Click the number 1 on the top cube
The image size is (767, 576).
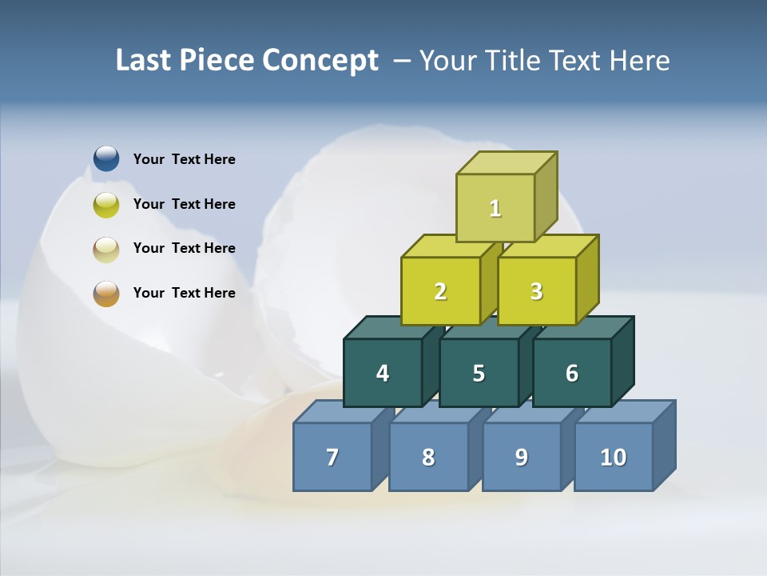495,208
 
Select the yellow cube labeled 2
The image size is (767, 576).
440,291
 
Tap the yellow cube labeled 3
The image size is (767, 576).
536,291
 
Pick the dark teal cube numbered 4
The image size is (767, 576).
383,373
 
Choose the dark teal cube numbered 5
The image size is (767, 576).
479,373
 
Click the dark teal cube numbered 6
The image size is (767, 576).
571,373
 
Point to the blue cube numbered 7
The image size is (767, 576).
332,457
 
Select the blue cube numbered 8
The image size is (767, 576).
428,457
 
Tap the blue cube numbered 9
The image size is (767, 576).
521,457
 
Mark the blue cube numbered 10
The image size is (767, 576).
613,457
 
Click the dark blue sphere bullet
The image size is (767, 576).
106,158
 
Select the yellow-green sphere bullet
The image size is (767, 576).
106,204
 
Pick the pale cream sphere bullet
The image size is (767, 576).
106,249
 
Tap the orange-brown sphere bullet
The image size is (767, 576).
106,294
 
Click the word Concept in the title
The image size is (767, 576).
320,61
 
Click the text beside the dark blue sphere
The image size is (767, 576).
185,159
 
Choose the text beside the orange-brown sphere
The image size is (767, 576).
185,293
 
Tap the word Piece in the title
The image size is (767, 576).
215,61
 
